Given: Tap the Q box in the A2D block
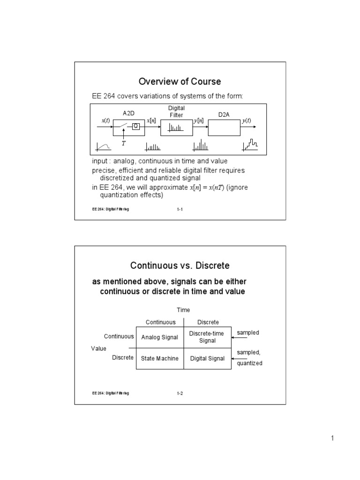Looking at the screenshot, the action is [135, 126].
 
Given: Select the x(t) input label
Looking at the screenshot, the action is [105, 120].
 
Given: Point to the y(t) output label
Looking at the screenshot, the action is [247, 120].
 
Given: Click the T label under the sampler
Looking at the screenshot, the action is [124, 143].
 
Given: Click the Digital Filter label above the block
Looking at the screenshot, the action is [176, 112].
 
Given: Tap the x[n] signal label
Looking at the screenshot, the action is [151, 120].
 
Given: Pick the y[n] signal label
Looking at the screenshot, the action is [198, 121].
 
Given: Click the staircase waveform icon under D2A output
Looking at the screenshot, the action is [250, 145].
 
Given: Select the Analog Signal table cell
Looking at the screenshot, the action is [159, 337].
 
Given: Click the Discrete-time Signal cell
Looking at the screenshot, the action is [207, 337].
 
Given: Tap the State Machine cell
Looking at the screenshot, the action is [159, 359].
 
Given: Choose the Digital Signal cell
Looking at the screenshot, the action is [207, 359].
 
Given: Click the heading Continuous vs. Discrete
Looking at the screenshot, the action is [180, 266].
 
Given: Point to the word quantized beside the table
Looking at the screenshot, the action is [249, 363].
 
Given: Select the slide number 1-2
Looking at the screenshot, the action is [180, 393].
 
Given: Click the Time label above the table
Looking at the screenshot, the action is [183, 310].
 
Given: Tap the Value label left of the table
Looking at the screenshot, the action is [98, 348].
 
